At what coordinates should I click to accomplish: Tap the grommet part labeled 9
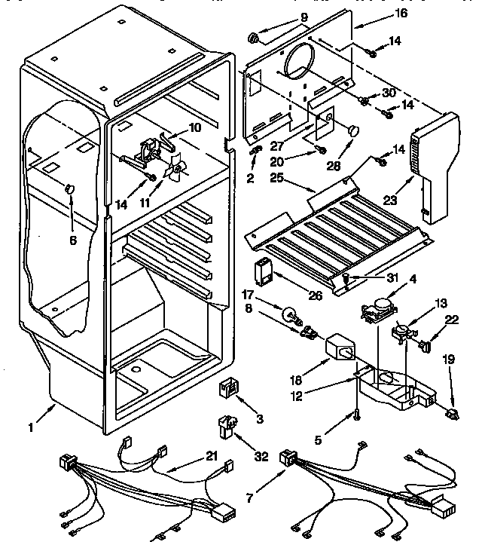(x=254, y=35)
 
